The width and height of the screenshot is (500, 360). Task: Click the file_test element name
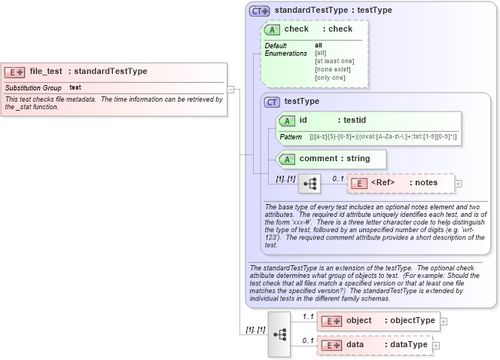pos(46,72)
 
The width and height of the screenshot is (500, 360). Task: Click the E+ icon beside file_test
pos(14,72)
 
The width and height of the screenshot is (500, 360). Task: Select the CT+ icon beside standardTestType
pos(260,11)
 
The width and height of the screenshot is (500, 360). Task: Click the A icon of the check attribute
pos(273,29)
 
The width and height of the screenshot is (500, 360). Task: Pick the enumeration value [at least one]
pos(334,61)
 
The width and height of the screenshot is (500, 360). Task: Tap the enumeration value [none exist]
pos(330,69)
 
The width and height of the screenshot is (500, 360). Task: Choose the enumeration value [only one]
pos(330,78)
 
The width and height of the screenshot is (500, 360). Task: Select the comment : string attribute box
pos(331,159)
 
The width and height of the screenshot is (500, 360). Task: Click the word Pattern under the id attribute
pos(291,137)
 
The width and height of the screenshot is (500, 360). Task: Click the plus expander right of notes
pos(459,183)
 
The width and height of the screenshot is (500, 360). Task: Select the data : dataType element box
pos(374,345)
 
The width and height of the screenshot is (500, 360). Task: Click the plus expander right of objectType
pos(444,321)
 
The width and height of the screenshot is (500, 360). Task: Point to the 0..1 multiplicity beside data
pos(308,340)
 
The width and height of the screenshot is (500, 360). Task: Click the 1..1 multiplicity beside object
pos(308,316)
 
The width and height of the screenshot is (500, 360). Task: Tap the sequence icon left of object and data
pos(279,334)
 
